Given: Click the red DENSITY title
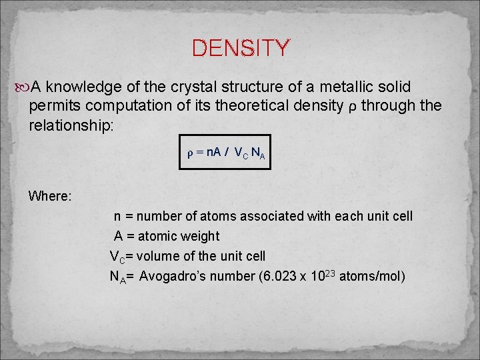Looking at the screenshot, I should [241, 49].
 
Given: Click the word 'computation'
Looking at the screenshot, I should [137, 106].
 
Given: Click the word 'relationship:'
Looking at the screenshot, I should [71, 125].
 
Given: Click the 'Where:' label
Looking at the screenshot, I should [50, 197].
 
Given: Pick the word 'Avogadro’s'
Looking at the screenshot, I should [172, 276].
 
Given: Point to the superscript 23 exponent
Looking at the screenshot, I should [329, 272].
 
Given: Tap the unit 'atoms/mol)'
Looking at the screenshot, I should [372, 276].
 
